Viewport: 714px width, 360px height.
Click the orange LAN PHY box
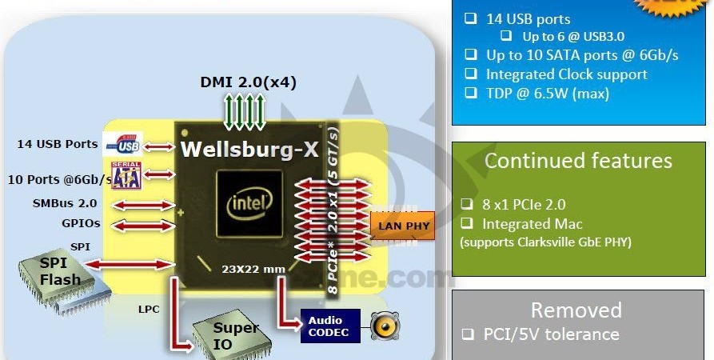(403, 226)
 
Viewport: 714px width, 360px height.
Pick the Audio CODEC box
(329, 326)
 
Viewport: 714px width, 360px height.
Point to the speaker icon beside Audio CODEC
(383, 326)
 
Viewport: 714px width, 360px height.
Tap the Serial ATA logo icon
(126, 176)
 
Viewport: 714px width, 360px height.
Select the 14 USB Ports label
(58, 145)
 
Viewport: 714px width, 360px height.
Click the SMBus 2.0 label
(65, 204)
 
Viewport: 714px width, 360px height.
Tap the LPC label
(127, 307)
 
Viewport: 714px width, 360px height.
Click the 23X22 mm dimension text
(253, 269)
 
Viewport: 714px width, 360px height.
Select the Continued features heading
(578, 161)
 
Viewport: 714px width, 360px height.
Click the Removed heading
(576, 310)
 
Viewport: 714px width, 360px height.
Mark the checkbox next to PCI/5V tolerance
(467, 334)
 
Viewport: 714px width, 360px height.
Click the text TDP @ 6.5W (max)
(547, 94)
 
